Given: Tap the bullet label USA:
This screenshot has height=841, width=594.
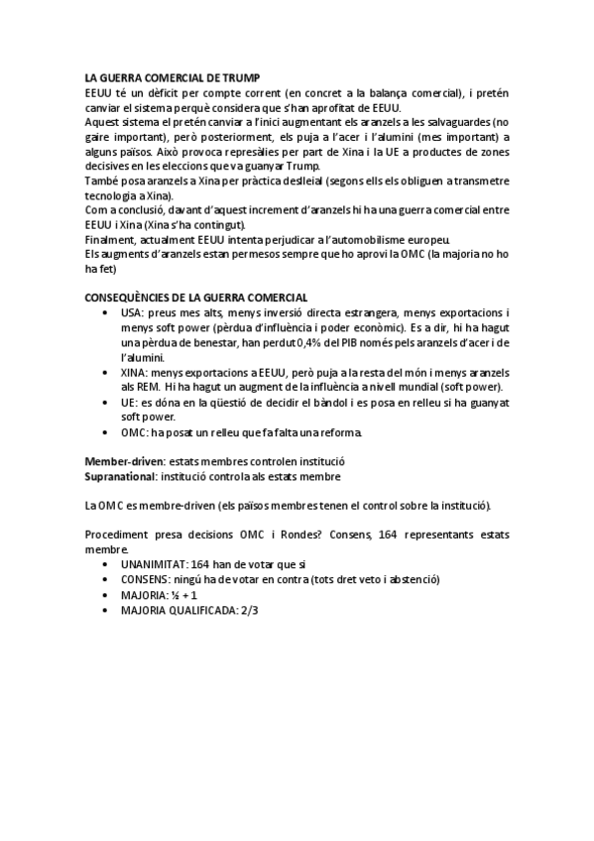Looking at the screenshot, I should (x=133, y=312).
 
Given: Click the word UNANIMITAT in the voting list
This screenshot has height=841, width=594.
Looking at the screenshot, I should (x=154, y=562).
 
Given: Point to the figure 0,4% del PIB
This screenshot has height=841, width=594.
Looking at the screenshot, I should (x=324, y=342).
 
